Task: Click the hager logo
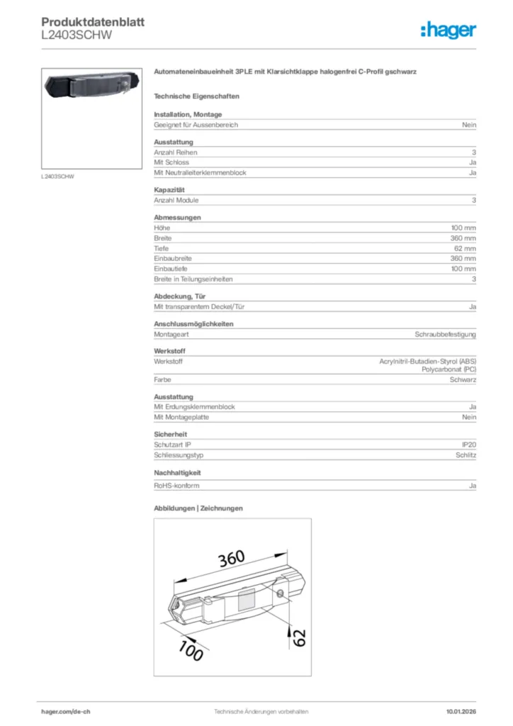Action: [448, 29]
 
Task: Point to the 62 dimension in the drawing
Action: [299, 636]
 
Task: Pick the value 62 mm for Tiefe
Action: [465, 249]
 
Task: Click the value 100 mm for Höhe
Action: [463, 228]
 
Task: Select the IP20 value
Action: [468, 445]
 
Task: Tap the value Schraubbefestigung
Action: [445, 334]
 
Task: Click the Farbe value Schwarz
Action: [463, 380]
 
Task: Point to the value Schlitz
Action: [466, 455]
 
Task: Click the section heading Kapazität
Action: [169, 190]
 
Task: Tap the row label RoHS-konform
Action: [176, 486]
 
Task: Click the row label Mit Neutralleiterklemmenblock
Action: [200, 173]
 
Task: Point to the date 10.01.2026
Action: [461, 711]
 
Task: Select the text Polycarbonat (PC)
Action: [449, 370]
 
